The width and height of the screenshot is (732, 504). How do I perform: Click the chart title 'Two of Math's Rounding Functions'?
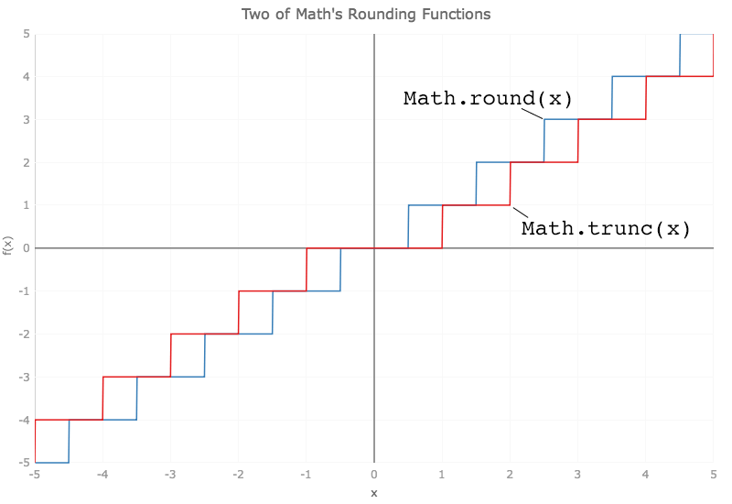coord(366,15)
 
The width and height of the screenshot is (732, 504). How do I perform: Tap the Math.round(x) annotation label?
coord(488,98)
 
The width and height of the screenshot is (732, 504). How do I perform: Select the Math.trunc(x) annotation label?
coord(605,228)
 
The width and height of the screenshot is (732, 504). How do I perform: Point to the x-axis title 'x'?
coord(373,493)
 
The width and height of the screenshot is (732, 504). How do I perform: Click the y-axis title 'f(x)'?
coord(8,247)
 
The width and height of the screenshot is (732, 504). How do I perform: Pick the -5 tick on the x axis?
coord(36,474)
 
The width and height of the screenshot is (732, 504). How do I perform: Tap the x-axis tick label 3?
coord(578,474)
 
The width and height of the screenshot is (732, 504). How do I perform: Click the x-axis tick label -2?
coord(238,474)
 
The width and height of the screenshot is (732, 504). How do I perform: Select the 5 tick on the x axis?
coord(713,474)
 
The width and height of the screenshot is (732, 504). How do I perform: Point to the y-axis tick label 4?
coord(27,77)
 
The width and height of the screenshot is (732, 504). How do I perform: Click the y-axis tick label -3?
coord(25,377)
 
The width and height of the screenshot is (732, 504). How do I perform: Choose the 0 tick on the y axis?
coord(27,248)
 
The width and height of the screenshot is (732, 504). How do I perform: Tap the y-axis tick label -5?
coord(25,463)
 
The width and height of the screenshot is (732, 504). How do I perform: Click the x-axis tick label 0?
coord(373,474)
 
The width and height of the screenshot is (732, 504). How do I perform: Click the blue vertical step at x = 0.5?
coord(408,226)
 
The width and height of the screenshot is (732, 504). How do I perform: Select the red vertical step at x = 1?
coord(442,226)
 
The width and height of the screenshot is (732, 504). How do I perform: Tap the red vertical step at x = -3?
coord(171,355)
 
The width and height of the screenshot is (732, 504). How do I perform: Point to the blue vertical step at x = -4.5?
coord(70,441)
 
